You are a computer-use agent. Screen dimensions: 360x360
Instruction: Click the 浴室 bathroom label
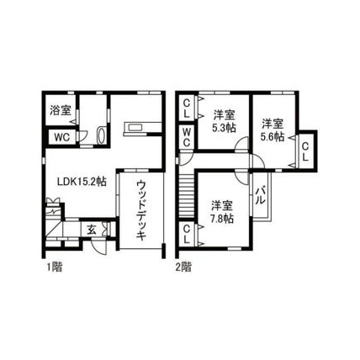coord(60,110)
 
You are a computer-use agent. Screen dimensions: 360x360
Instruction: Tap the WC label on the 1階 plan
coord(62,137)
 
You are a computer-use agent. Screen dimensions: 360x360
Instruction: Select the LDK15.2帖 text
coord(82,182)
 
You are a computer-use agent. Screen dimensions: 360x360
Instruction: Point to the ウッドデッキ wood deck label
coord(141,210)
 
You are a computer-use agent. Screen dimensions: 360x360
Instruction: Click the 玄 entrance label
coord(92,230)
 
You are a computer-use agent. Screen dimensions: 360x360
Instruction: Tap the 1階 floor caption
coord(54,267)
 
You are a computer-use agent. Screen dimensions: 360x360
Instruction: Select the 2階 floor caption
coord(183,267)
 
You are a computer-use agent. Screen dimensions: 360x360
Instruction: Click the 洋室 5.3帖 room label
coord(224,121)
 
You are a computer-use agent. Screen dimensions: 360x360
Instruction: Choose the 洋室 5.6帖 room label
coord(273,130)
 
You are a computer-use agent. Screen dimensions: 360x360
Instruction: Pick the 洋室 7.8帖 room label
coord(222,212)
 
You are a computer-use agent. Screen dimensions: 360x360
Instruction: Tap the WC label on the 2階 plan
coord(187,137)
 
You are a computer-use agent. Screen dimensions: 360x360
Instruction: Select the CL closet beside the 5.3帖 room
coord(187,109)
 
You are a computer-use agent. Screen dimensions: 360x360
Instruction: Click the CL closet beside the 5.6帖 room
coord(305,151)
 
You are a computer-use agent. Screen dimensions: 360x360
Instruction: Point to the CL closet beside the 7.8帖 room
coord(187,235)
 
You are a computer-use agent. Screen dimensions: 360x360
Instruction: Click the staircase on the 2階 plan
coord(187,196)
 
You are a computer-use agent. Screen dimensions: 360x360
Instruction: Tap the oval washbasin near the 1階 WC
coord(101,135)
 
